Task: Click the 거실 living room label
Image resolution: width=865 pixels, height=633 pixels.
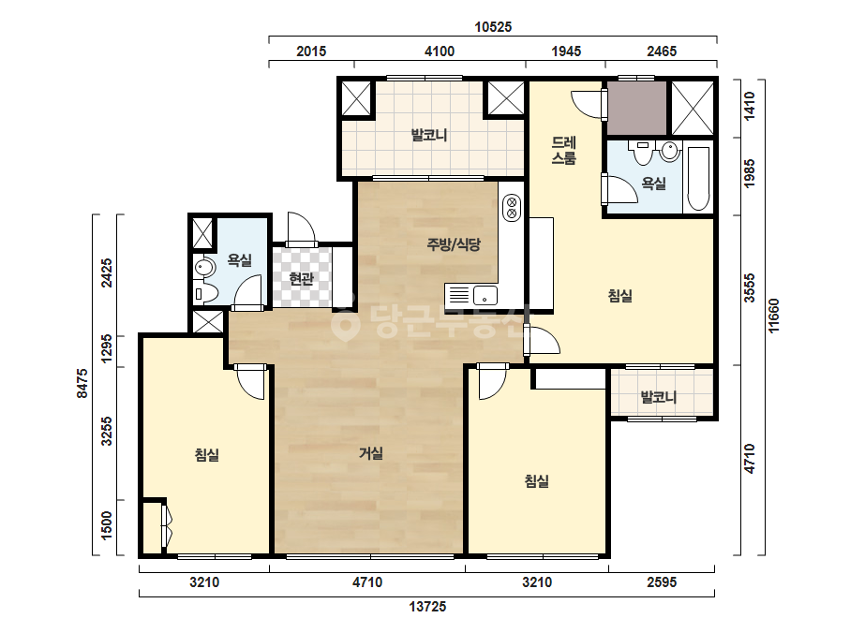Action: point(371,453)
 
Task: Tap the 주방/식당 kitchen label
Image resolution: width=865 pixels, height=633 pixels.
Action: point(454,243)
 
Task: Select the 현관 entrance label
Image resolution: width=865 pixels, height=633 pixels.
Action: point(301,279)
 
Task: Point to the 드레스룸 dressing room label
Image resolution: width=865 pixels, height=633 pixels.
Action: point(564,151)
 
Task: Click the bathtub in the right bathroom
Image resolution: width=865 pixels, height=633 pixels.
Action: point(699,179)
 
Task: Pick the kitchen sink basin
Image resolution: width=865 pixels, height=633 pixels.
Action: point(485,296)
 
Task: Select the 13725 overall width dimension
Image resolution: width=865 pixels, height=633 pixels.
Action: point(427,607)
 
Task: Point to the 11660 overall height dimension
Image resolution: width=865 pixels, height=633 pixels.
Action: point(774,316)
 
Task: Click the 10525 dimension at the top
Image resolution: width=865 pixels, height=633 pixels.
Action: point(493,26)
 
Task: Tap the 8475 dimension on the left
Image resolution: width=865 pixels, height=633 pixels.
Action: point(82,383)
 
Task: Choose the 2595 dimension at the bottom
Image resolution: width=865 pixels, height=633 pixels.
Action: point(662,582)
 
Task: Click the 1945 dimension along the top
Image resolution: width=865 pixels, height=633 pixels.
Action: point(566,52)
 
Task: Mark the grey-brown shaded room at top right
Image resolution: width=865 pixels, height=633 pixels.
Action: point(637,108)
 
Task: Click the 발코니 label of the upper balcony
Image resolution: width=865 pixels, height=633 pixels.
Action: point(429,135)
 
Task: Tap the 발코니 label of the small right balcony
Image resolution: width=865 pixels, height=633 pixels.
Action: point(658,397)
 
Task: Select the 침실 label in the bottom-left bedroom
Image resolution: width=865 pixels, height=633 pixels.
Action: point(207,455)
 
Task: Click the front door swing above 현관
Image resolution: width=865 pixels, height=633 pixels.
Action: point(301,228)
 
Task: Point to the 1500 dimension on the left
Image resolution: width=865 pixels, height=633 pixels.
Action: point(107,525)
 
